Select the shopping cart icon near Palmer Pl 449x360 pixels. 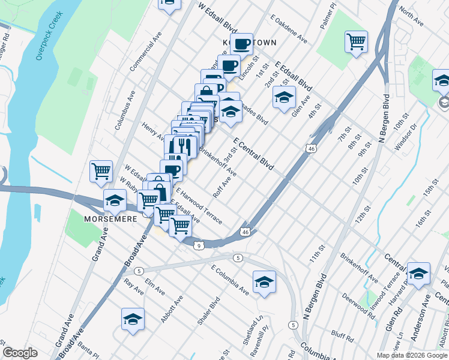[356, 42]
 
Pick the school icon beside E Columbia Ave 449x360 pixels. [264, 283]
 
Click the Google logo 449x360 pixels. [20, 353]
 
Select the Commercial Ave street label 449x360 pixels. [146, 54]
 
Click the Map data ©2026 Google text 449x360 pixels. [412, 355]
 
